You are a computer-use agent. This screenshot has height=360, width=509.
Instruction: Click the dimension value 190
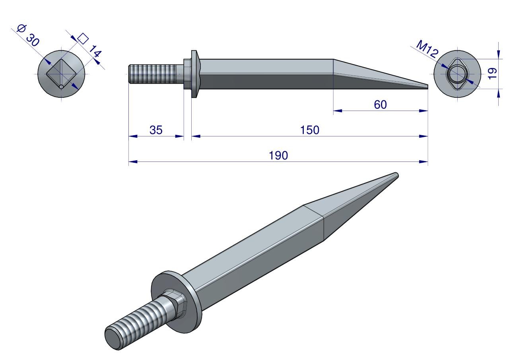pyautogui.click(x=278, y=156)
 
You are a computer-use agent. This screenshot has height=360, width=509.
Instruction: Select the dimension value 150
pyautogui.click(x=309, y=130)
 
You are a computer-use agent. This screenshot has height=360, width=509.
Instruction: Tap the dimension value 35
pyautogui.click(x=156, y=130)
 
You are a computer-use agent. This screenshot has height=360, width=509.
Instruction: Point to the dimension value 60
pyautogui.click(x=380, y=105)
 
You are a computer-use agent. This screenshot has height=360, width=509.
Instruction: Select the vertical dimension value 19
pyautogui.click(x=492, y=74)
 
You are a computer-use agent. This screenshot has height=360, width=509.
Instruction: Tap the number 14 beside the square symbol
pyautogui.click(x=95, y=51)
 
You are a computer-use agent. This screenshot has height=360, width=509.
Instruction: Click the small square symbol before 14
pyautogui.click(x=83, y=39)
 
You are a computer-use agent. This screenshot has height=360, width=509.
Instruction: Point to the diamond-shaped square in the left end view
pyautogui.click(x=61, y=74)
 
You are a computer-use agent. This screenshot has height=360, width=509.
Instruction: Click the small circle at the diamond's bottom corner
pyautogui.click(x=61, y=87)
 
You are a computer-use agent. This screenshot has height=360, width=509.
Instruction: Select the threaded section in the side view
pyautogui.click(x=152, y=74)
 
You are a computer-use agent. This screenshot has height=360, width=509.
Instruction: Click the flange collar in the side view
pyautogui.click(x=194, y=74)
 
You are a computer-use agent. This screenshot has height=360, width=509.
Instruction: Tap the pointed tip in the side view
pyautogui.click(x=427, y=87)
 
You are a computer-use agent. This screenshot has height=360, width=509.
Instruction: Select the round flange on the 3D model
pyautogui.click(x=176, y=302)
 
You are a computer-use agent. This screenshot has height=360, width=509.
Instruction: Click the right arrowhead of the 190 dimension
pyautogui.click(x=424, y=162)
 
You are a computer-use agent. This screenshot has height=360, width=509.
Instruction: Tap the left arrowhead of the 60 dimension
pyautogui.click(x=338, y=111)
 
